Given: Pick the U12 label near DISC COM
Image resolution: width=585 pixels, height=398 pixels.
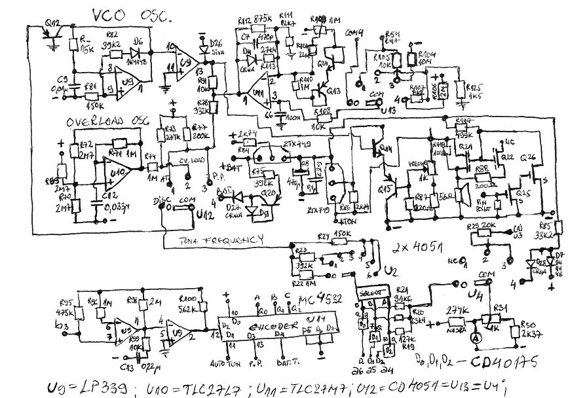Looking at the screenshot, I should click(x=206, y=213).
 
